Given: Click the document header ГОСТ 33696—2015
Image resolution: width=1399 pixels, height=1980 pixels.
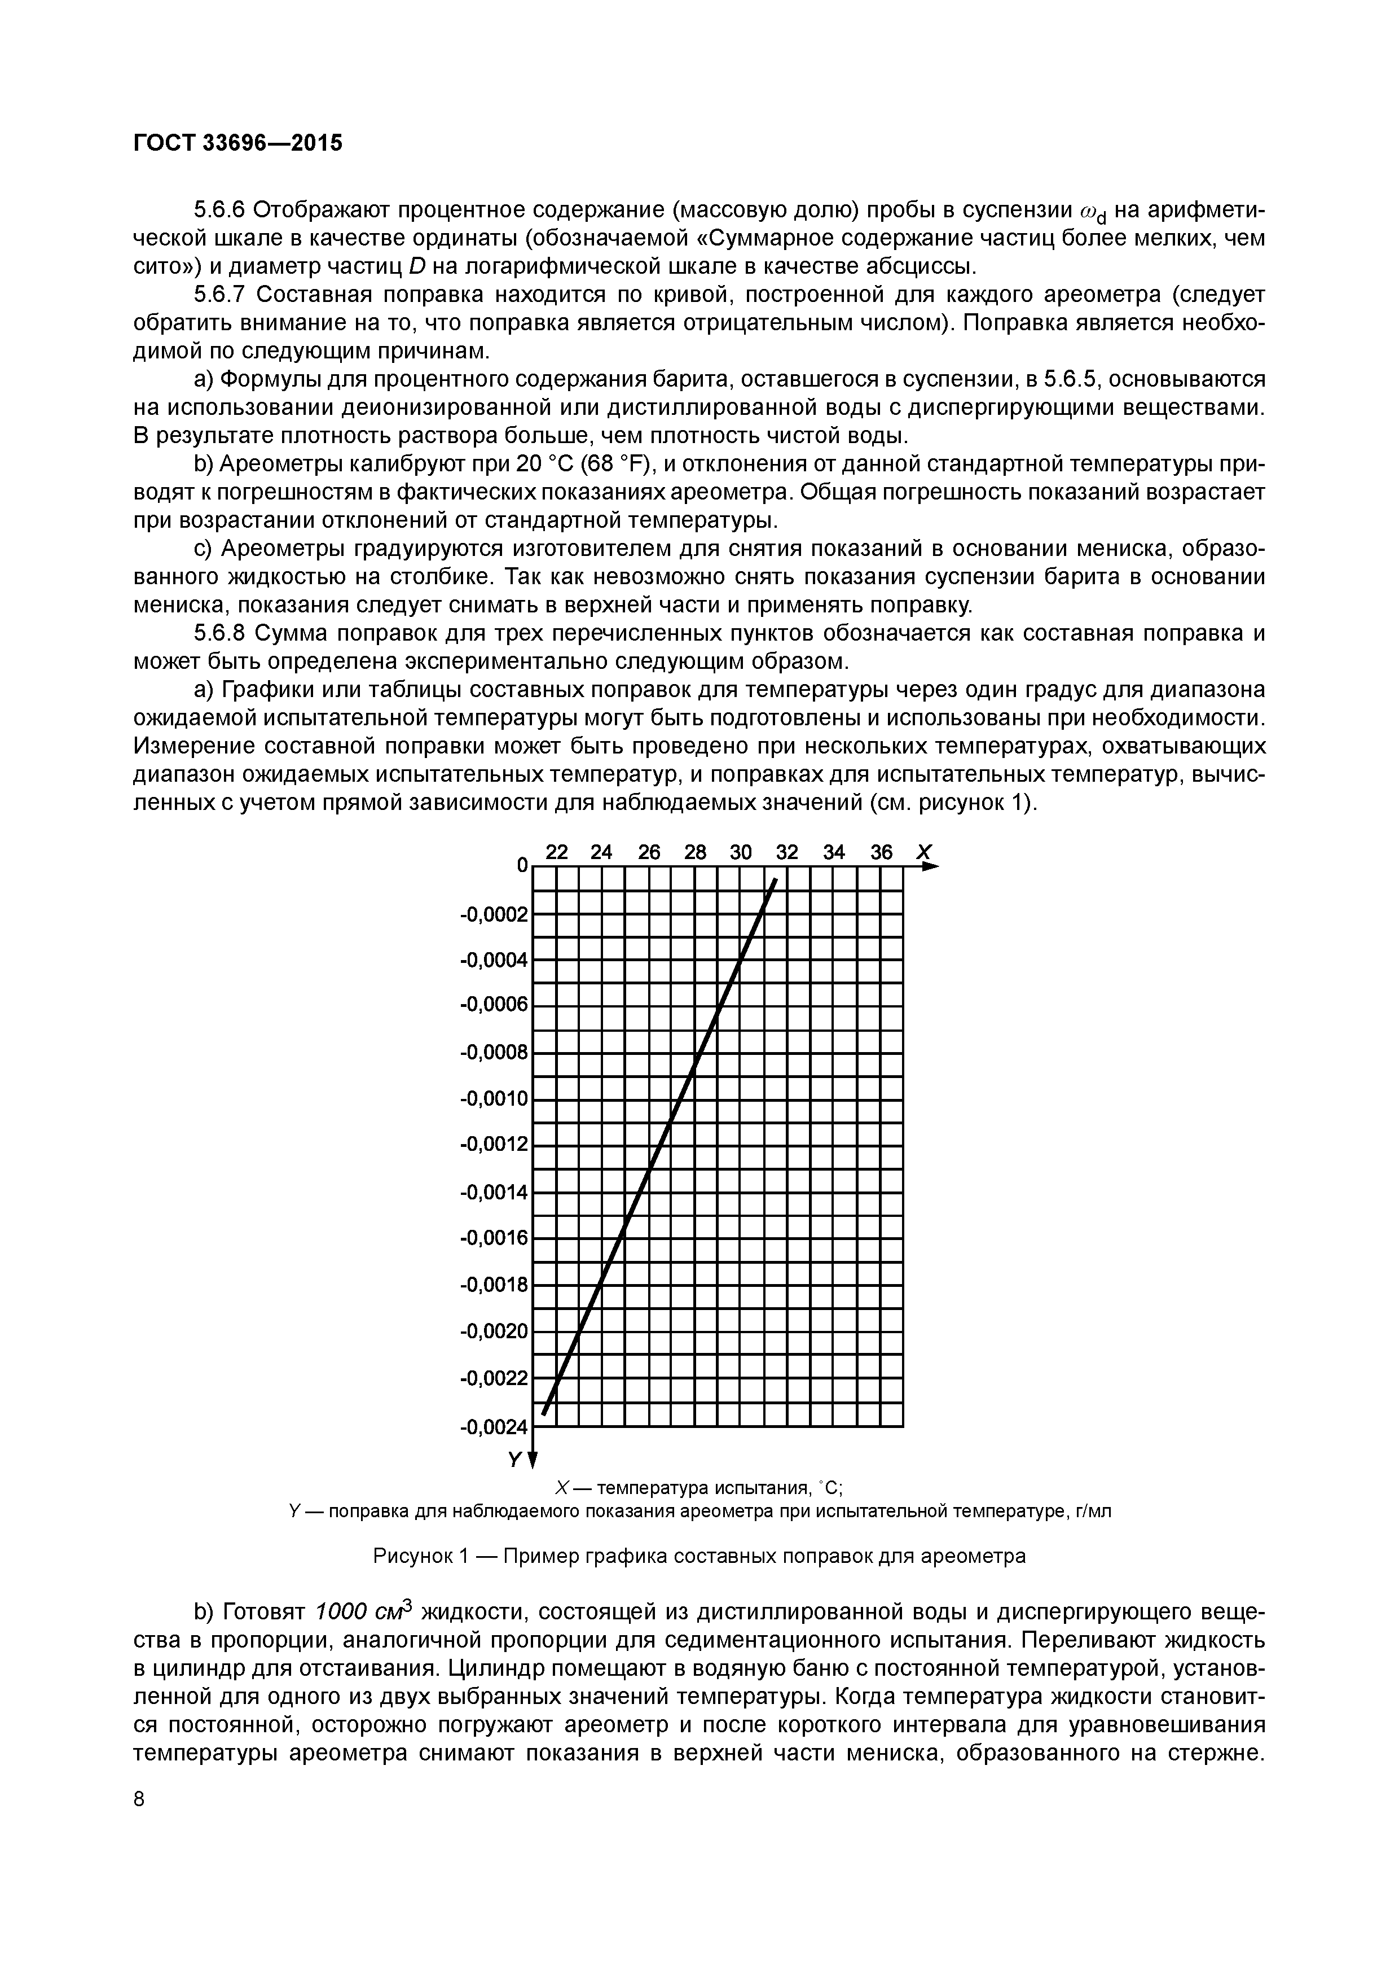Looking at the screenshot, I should click(238, 142).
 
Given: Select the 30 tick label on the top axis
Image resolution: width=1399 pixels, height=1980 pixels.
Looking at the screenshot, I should click(741, 852).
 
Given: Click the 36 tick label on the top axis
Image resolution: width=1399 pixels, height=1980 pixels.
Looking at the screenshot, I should click(881, 852).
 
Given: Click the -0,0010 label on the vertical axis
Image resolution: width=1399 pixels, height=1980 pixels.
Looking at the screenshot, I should click(494, 1099).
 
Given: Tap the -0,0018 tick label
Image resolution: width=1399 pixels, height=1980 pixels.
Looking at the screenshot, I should click(494, 1285).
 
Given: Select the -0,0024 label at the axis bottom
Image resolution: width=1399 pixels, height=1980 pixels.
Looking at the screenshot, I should click(494, 1427).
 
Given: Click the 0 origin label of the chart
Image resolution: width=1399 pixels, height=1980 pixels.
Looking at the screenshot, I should click(521, 865).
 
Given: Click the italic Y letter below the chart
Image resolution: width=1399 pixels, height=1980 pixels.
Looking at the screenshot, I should click(514, 1459).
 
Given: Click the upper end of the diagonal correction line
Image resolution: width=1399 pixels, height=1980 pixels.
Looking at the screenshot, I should click(776, 879).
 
